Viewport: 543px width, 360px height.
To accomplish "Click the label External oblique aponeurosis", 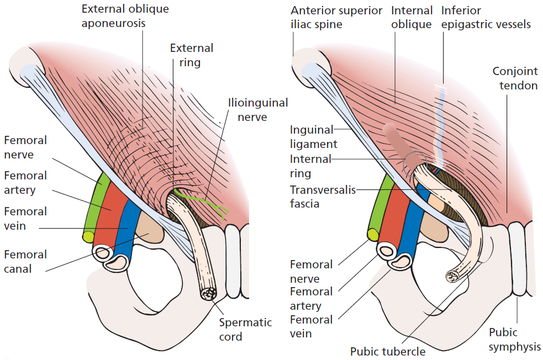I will coord(125,17).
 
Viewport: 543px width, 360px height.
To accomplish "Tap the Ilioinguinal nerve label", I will coord(258,109).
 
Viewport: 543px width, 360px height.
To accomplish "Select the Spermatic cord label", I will coord(246,329).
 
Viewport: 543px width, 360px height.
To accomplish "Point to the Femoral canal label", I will coord(25,262).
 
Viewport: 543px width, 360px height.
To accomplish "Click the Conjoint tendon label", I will coord(515,78).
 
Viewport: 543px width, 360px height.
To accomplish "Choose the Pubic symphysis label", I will coord(514,340).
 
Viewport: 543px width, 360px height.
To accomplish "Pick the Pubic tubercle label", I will coord(388,351).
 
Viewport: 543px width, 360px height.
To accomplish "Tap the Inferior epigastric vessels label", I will coord(486,17).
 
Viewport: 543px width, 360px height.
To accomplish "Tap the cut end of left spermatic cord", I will coord(210,294).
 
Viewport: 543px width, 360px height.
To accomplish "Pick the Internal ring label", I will coord(311,166).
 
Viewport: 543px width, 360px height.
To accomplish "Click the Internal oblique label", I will coord(411,17).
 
